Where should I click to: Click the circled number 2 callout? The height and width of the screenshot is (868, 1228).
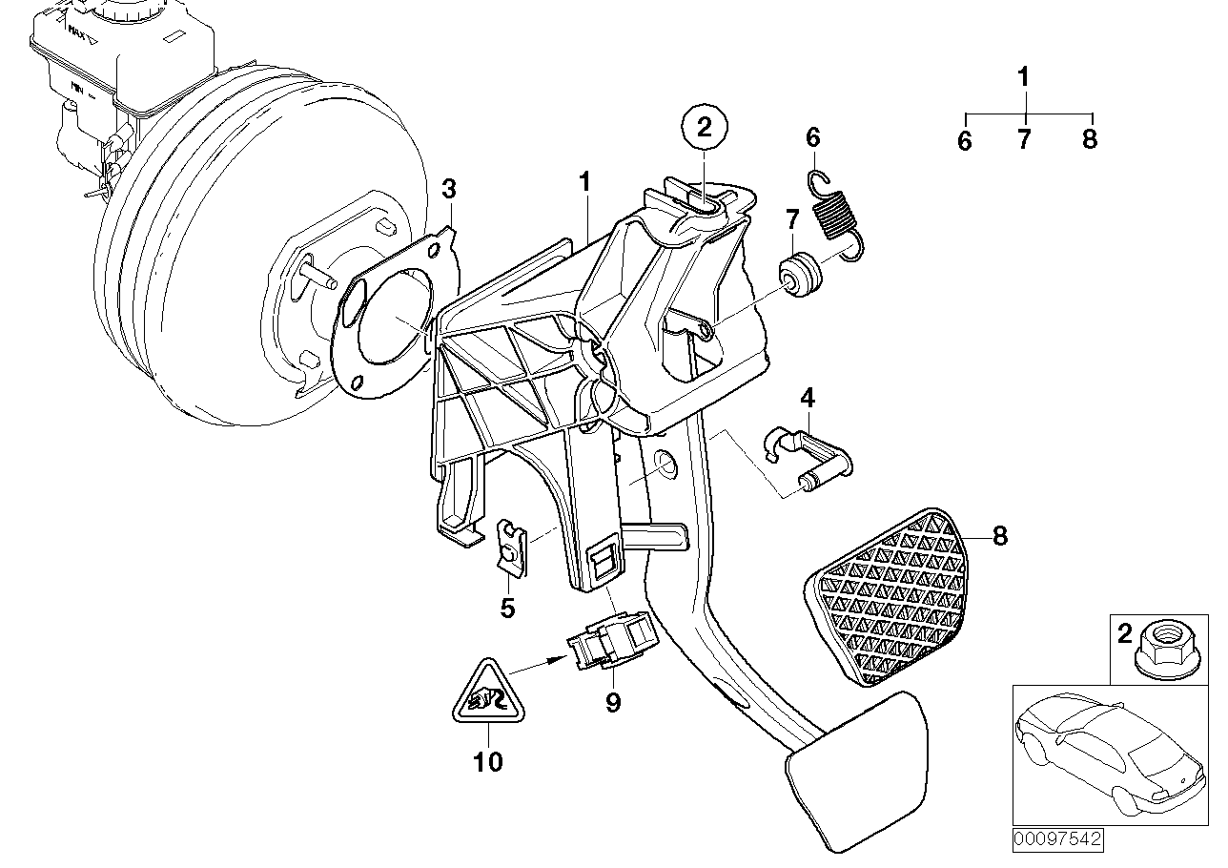coord(704,128)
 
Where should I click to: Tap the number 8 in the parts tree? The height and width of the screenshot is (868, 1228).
coord(1090,141)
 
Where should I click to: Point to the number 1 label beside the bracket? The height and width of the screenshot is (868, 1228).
coord(585,182)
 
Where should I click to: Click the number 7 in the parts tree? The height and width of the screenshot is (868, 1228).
coord(1024,141)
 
